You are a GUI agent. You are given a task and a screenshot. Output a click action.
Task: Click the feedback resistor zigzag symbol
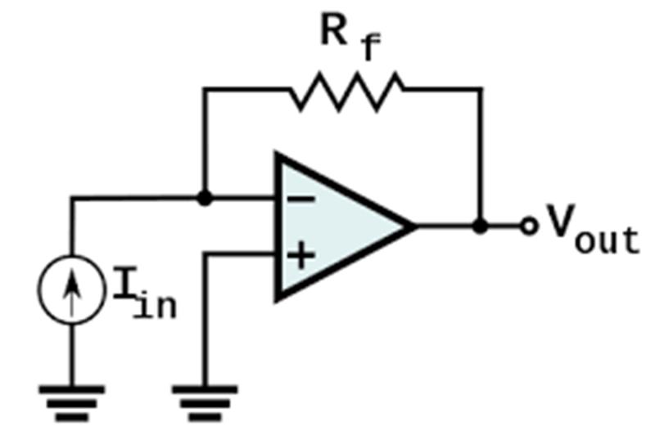347,92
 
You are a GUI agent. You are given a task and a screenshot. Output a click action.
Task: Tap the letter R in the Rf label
333,29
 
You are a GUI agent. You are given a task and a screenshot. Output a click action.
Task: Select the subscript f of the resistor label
370,47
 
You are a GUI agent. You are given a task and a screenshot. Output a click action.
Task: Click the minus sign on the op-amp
300,200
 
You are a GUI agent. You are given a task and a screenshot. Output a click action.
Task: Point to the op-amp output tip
416,226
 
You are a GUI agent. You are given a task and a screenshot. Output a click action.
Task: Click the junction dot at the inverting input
204,198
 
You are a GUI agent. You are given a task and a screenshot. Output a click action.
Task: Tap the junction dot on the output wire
481,226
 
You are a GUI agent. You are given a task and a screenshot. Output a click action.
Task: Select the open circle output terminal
529,226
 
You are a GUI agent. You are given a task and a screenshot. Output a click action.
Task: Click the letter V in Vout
561,220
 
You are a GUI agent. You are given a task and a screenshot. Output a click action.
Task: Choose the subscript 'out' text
607,240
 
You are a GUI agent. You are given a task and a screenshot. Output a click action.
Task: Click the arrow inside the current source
72,291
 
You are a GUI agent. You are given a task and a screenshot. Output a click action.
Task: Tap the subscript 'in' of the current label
156,305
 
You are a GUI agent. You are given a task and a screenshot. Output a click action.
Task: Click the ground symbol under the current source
72,403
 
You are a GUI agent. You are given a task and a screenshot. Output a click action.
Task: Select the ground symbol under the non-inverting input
205,403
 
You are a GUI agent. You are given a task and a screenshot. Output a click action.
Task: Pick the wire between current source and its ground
72,355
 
